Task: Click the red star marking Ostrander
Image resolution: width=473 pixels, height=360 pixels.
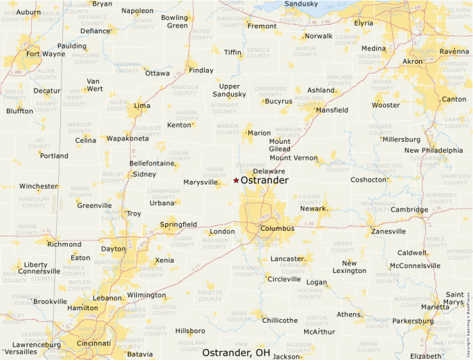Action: click(236, 180)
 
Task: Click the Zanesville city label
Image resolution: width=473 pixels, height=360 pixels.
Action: click(388, 231)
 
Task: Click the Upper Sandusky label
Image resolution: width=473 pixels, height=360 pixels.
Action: click(229, 90)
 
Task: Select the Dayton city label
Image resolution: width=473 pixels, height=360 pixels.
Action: click(113, 249)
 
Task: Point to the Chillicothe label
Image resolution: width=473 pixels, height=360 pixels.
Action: click(279, 320)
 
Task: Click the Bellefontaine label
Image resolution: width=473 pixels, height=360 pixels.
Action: click(151, 163)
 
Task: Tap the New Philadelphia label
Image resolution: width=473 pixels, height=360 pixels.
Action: click(434, 150)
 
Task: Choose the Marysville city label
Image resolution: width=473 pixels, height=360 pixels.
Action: click(201, 182)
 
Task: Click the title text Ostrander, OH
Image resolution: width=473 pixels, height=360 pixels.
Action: click(236, 352)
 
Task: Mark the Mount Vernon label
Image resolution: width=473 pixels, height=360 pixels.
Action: click(293, 158)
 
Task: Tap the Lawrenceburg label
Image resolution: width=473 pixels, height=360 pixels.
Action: click(37, 344)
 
